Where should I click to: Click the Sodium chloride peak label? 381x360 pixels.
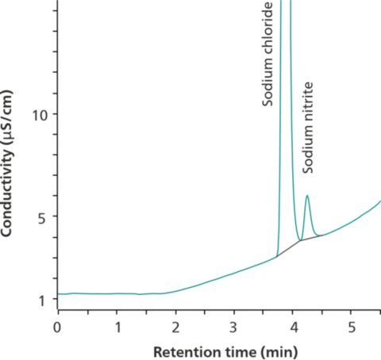point(267,55)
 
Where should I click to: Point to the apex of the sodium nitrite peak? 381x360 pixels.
point(306,195)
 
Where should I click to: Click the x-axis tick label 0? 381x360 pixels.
point(57,326)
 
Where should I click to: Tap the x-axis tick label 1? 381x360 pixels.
point(117,326)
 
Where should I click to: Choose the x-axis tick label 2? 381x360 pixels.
point(175,326)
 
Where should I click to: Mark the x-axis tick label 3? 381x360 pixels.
point(234,326)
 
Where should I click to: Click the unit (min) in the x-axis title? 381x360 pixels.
point(264,350)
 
